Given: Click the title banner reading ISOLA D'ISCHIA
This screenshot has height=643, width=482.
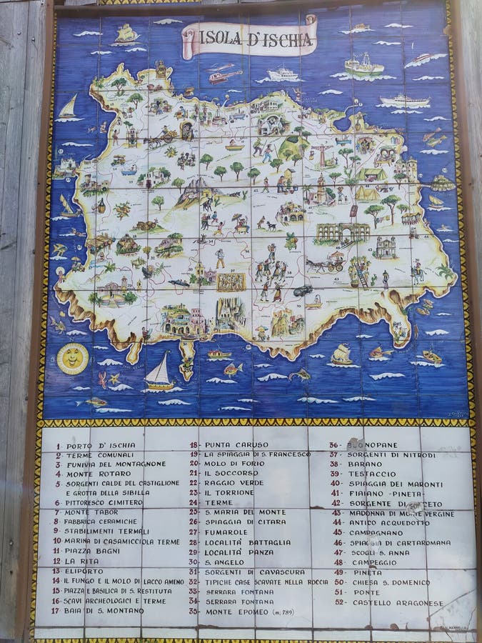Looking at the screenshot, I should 249,39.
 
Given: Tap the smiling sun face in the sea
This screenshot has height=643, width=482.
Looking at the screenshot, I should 72,359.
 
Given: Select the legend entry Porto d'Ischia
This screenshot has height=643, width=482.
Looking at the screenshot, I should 100,446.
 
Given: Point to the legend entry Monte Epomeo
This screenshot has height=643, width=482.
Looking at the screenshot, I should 239,612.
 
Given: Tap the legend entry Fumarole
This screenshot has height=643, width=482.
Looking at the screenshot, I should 226,532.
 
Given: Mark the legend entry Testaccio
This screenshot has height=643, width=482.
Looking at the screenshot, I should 372,474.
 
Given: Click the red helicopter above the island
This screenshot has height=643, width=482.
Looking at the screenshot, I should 224,76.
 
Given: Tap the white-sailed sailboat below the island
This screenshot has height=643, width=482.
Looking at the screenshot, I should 159,374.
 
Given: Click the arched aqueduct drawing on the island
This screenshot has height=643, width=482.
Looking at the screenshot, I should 344,232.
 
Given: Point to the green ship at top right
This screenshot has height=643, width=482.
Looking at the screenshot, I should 363,66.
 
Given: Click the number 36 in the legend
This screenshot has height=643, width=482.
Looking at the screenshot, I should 333,444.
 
